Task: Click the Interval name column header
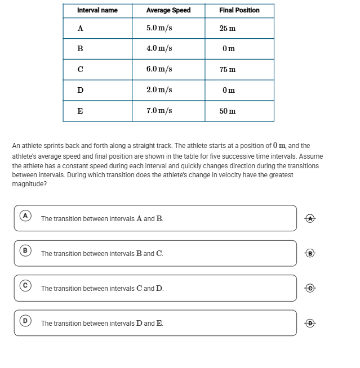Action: click(97, 10)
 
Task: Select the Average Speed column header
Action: click(168, 10)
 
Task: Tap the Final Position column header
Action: click(239, 10)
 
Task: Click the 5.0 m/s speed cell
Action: click(159, 28)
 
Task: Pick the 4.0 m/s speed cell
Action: click(159, 48)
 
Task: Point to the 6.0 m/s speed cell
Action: click(159, 69)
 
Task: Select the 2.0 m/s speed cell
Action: click(159, 90)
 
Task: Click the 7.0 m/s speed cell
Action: click(159, 111)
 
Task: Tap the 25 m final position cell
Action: click(228, 28)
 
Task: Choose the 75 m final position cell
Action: click(228, 70)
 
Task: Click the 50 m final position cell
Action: click(228, 111)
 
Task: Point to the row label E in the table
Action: click(81, 111)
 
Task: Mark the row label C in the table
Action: click(81, 69)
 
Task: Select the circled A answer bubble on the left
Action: click(25, 215)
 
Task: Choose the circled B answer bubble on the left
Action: click(25, 250)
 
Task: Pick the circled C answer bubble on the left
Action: click(25, 285)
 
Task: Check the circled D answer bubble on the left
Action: click(25, 320)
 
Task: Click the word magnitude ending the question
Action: click(29, 183)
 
